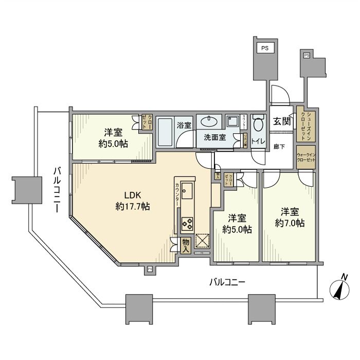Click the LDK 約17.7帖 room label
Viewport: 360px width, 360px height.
click(x=132, y=201)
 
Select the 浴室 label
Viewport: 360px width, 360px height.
click(x=184, y=124)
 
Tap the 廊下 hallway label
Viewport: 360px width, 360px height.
click(x=281, y=145)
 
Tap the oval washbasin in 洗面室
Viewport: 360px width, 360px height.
click(x=208, y=121)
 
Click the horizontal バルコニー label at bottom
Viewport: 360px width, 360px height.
click(x=227, y=282)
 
